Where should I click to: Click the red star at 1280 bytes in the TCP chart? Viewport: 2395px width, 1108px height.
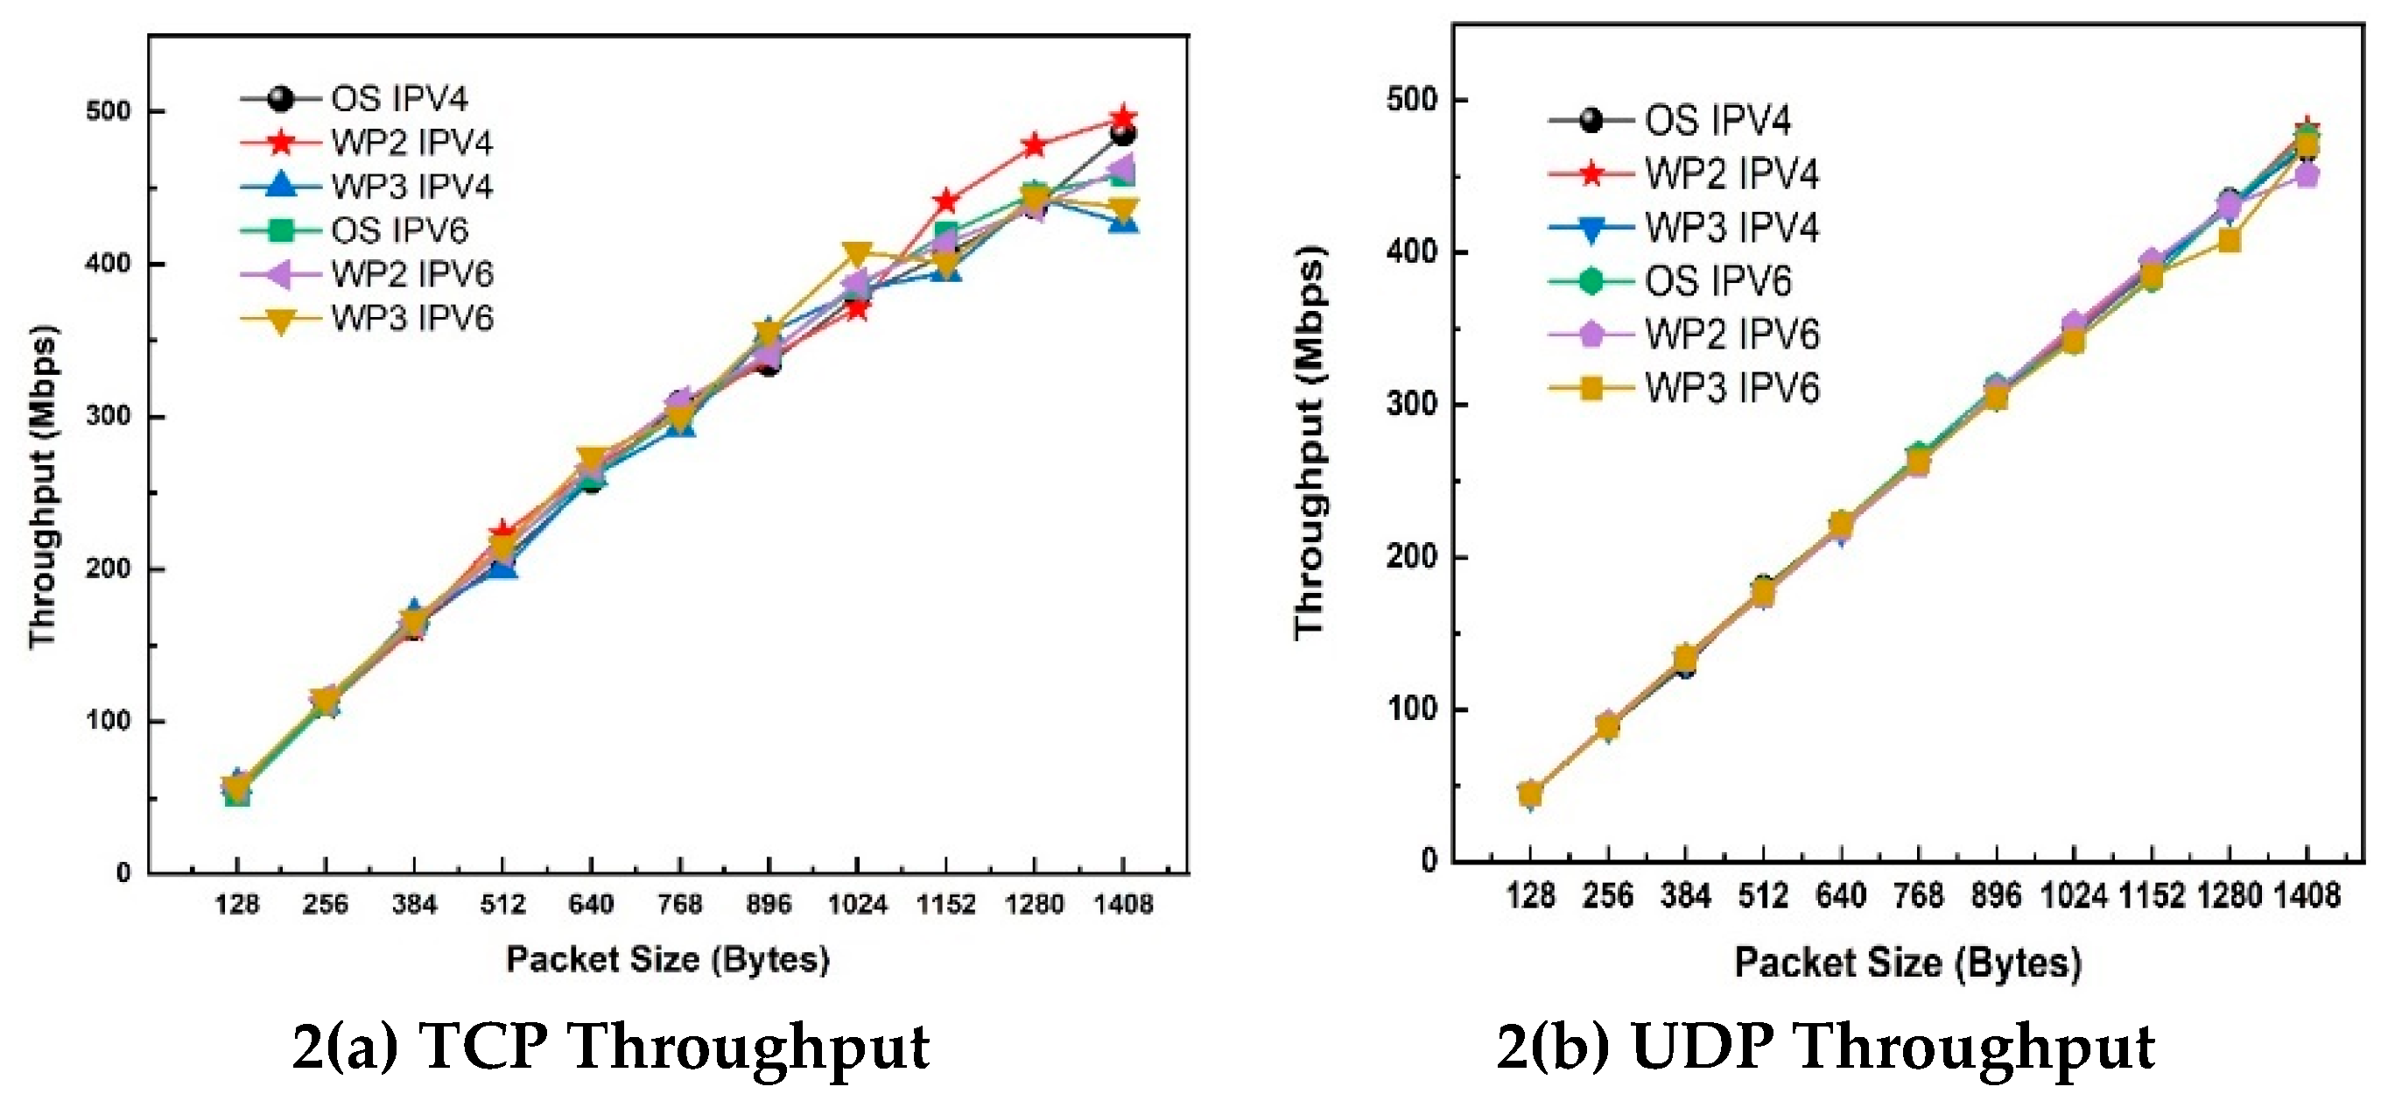(1034, 146)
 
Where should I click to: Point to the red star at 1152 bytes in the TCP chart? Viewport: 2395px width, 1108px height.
(945, 200)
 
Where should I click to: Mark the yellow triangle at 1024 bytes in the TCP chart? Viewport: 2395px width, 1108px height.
(857, 252)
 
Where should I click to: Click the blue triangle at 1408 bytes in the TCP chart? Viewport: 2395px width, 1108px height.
(1123, 222)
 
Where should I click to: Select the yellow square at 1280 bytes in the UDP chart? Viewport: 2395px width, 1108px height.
(2229, 242)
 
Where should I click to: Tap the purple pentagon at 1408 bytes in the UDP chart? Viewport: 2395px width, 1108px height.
(2307, 175)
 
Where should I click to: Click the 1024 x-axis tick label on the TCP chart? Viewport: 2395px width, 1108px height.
(857, 904)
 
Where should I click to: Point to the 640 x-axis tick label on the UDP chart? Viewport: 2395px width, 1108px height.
(1841, 895)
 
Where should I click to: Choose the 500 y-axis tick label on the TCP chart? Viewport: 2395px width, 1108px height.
(108, 110)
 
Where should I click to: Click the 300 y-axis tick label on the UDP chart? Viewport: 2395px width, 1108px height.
(1410, 405)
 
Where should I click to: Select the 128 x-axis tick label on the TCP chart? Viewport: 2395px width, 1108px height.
(236, 904)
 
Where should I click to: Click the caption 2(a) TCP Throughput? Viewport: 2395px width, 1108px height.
(611, 1046)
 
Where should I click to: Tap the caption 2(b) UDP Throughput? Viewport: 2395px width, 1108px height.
(1825, 1046)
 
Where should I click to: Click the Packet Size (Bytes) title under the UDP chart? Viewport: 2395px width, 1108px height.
(1907, 962)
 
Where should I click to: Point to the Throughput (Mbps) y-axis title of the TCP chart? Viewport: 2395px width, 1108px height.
(43, 485)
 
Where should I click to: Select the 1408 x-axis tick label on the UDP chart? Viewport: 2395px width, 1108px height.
(2307, 895)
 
